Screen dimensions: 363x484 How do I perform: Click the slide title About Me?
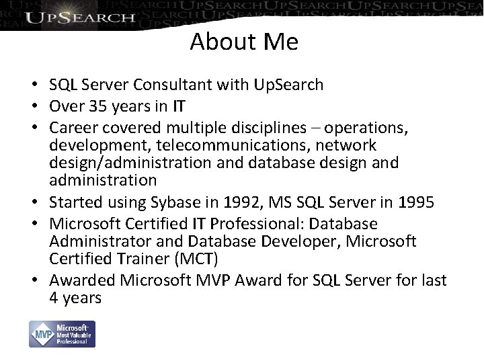(x=244, y=42)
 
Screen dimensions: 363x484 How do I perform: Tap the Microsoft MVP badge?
(x=62, y=333)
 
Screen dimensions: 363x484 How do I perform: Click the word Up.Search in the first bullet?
(x=290, y=85)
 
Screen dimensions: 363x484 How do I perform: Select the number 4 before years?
(x=54, y=298)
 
